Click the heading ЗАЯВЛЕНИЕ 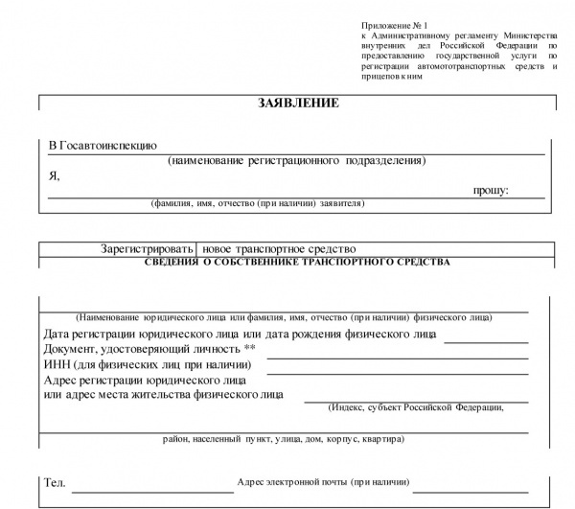pos(298,104)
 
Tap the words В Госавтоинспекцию pos(103,146)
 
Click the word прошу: pos(491,191)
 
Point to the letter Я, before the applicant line pos(54,176)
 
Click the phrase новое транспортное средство pos(287,248)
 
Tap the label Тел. pos(55,482)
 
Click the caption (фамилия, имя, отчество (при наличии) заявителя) pos(257,204)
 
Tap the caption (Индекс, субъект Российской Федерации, pos(415,406)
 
